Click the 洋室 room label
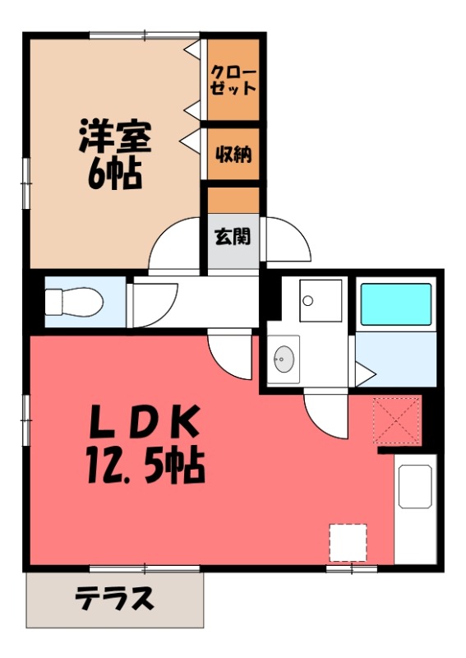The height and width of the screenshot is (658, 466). coord(115,137)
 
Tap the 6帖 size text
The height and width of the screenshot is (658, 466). coord(115,174)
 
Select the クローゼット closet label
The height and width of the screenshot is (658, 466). coord(233,79)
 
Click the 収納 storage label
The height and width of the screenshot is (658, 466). coord(233,154)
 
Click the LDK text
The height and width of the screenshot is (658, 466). coord(144,425)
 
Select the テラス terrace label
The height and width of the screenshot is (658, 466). coord(115,599)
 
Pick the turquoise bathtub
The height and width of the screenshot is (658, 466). coord(396,304)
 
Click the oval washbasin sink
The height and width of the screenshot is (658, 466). coord(284,359)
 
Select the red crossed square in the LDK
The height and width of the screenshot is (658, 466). coord(398,419)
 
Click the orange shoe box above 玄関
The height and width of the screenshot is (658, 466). coord(233,198)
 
